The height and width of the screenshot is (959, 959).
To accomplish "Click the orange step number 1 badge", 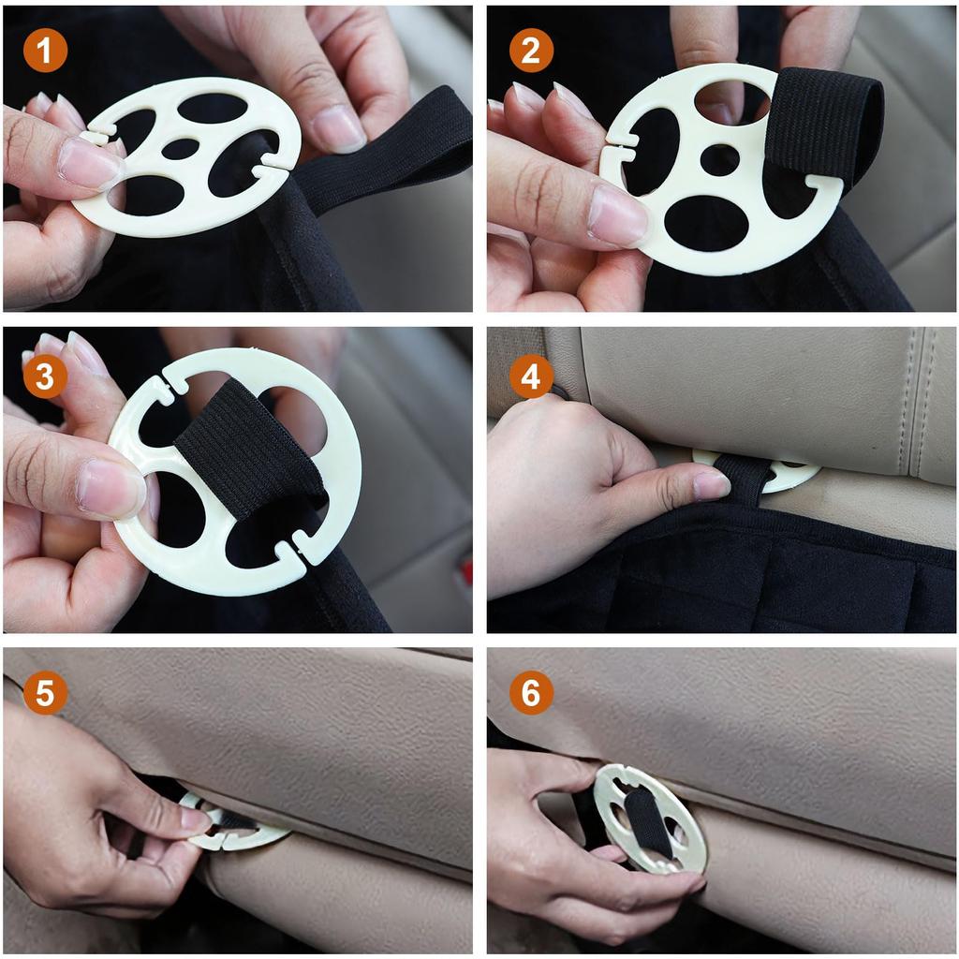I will coord(45,52).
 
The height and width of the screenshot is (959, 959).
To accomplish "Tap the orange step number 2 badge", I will coord(531,52).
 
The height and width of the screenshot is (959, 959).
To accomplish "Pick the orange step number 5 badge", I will coord(45,694).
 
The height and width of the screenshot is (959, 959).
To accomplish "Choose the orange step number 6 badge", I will coord(531,694).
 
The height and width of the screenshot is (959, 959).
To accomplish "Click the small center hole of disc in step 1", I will coord(179,149).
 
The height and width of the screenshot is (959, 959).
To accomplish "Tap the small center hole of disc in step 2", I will coord(719,159).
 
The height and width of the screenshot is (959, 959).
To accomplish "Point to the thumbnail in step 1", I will coord(90,163).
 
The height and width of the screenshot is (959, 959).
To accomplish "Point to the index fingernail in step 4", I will coord(711,484).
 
